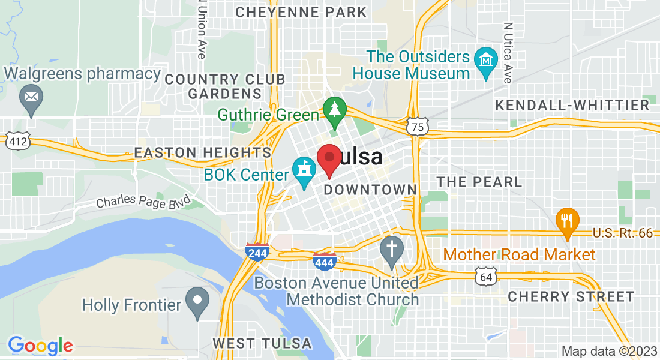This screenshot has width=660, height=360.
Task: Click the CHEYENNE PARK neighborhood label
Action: click(301, 12)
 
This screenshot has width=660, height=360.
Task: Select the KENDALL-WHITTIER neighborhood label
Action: click(572, 106)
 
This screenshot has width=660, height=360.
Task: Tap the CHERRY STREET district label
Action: click(571, 296)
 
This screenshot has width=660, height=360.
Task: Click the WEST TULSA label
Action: click(262, 343)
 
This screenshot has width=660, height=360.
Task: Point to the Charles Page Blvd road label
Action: click(143, 200)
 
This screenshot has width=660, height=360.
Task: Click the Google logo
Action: click(40, 345)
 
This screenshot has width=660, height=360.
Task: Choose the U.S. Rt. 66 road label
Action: click(622, 233)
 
